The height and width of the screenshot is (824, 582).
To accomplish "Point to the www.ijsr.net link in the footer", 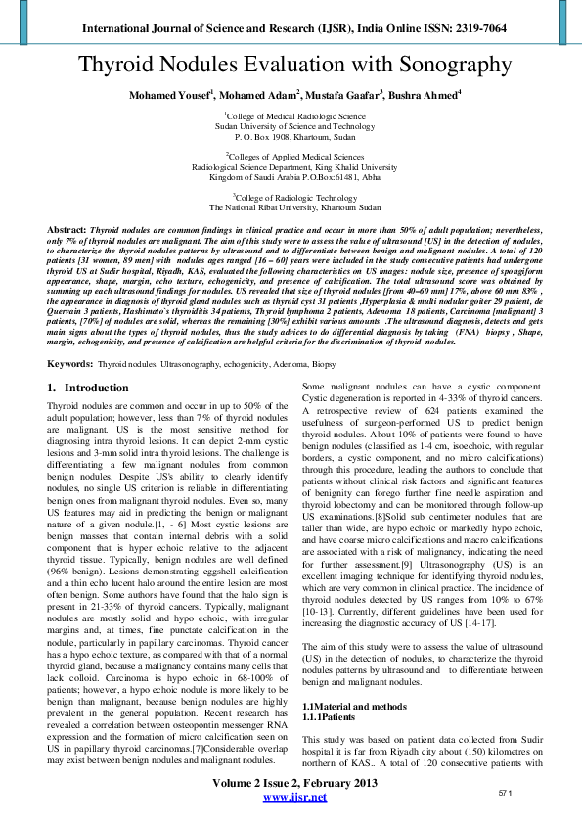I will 294,798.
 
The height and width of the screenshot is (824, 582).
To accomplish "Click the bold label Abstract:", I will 67,227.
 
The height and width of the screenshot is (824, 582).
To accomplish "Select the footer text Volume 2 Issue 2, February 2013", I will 294,783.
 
